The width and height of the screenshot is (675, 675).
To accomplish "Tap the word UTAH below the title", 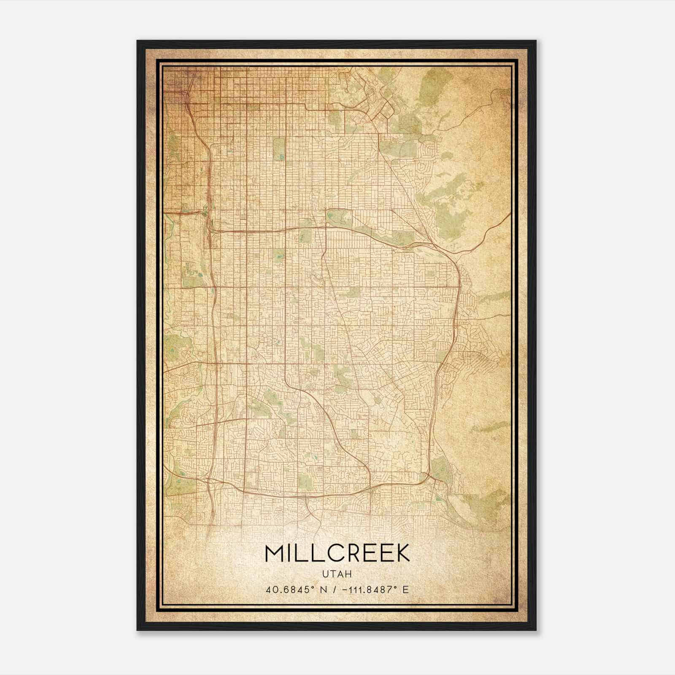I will (x=337, y=574).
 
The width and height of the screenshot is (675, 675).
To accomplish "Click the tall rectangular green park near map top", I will (x=279, y=149).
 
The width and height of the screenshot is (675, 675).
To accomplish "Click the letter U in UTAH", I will (x=325, y=574).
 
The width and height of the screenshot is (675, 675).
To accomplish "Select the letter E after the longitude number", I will (x=406, y=590).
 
